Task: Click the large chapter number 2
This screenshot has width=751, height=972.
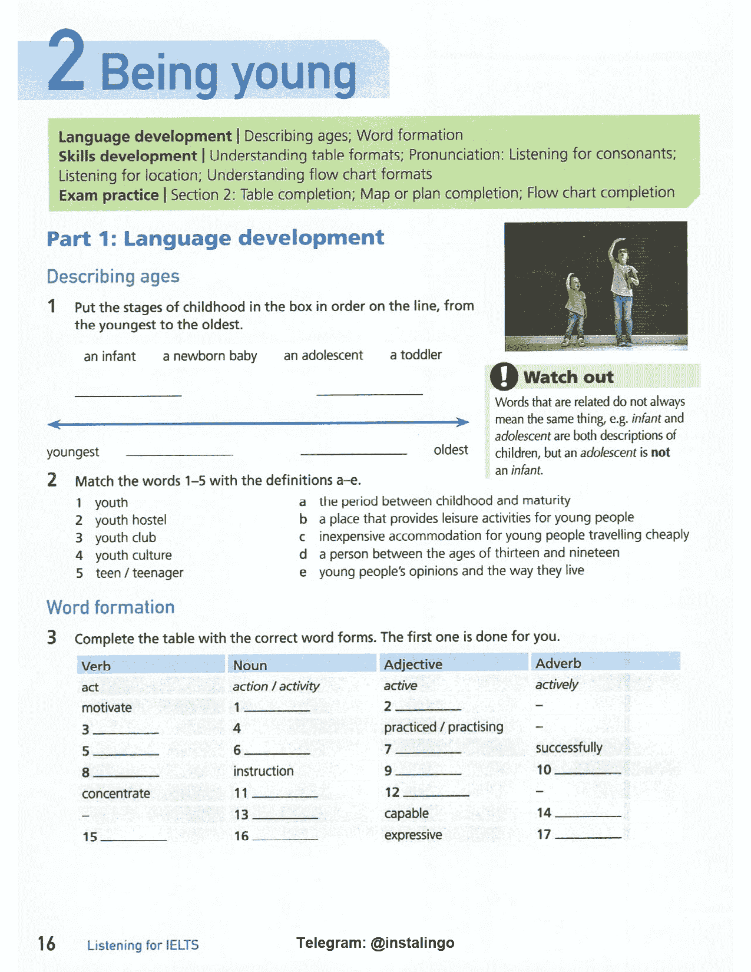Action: [x=66, y=62]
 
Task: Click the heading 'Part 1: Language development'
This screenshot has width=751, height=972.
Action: [x=215, y=238]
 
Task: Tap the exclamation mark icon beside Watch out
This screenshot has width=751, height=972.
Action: [x=504, y=376]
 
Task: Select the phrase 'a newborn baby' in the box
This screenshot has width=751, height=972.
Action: [x=210, y=356]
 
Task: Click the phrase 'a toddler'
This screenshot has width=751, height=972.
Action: [x=415, y=355]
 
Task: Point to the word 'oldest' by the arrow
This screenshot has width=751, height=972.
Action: [x=451, y=450]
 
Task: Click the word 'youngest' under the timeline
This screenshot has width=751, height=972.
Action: [x=73, y=452]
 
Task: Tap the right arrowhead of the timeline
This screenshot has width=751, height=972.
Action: [x=464, y=422]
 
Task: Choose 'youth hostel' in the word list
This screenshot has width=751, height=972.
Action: [x=131, y=520]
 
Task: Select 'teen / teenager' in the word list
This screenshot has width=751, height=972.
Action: [x=140, y=573]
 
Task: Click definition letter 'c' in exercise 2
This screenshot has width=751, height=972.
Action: [x=302, y=537]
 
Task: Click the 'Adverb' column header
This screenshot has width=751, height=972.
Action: [x=558, y=663]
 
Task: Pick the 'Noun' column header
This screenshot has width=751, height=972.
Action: [x=250, y=665]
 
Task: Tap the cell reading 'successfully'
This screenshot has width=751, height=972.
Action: [x=568, y=748]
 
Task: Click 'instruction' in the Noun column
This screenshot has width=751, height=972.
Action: [x=263, y=771]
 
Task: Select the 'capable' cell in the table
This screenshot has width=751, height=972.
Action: [x=406, y=814]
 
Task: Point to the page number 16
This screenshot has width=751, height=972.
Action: [x=47, y=944]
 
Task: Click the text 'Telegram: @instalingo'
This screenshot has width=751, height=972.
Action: [x=375, y=943]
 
